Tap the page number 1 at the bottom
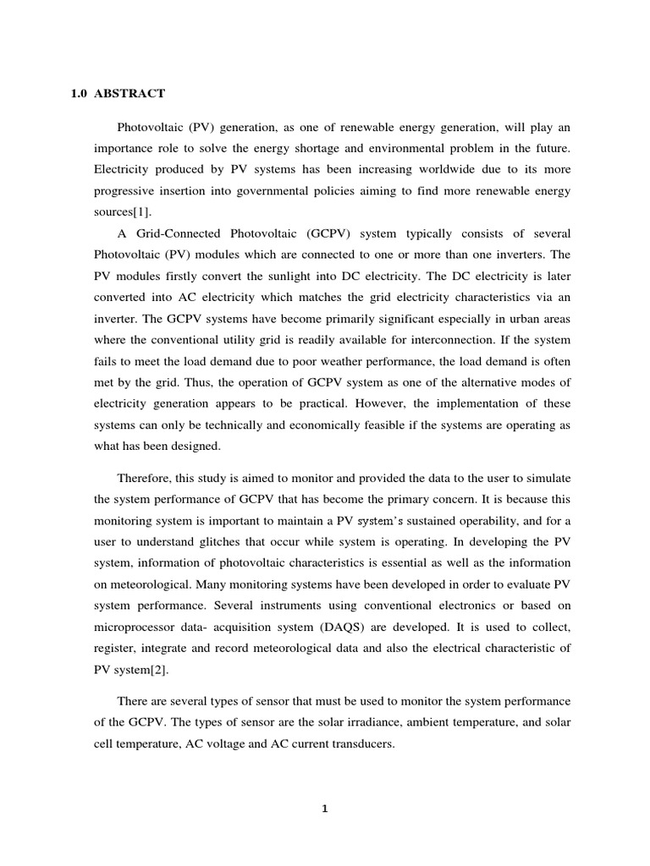pos(324,808)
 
